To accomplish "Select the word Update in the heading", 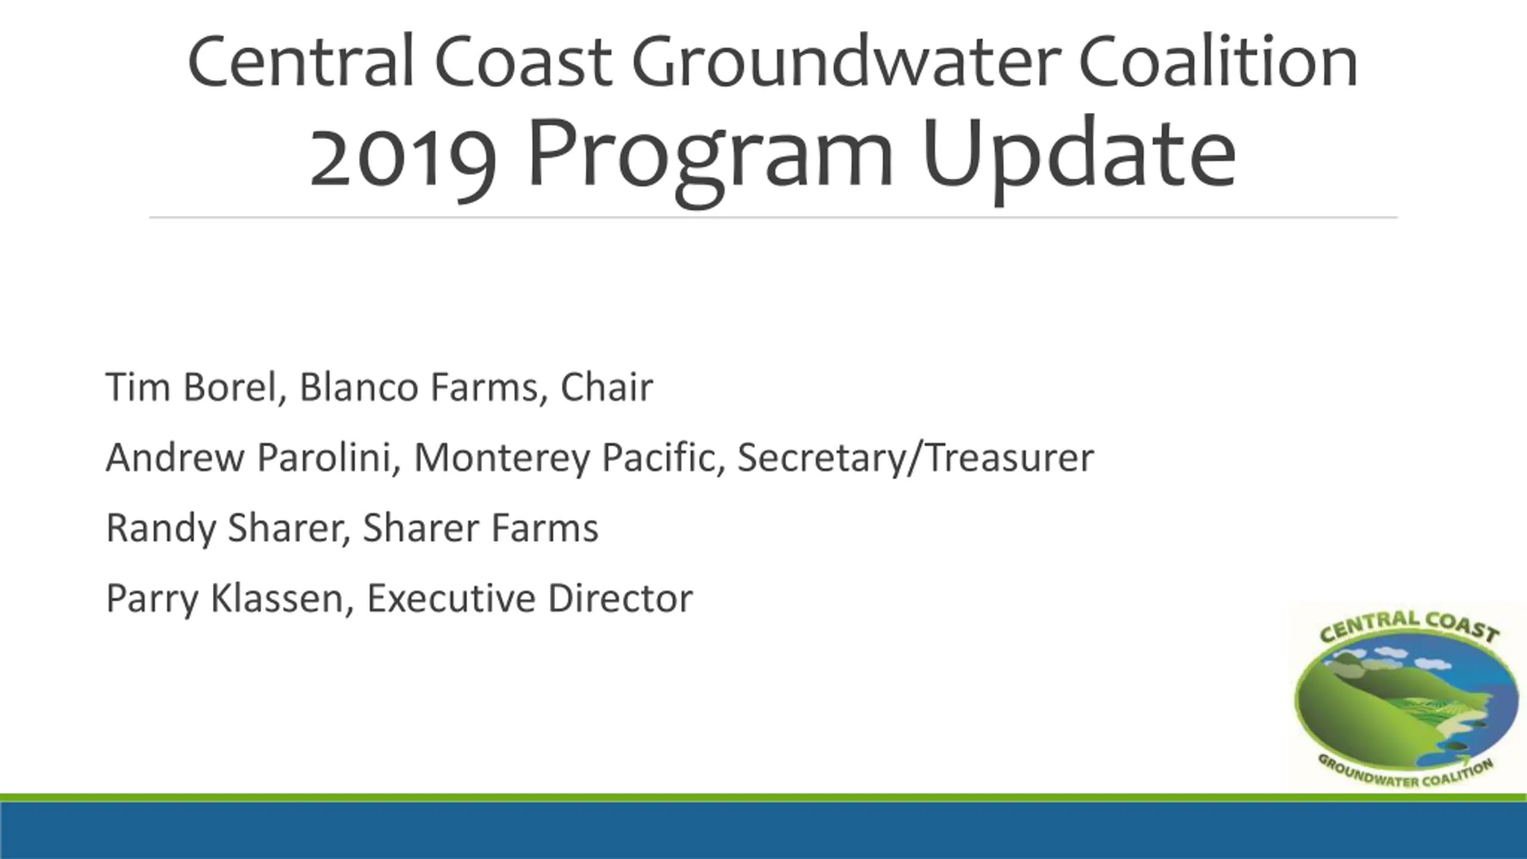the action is click(1078, 154).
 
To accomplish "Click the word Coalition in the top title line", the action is click(1218, 62).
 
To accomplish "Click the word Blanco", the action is click(359, 387).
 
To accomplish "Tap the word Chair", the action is click(607, 387).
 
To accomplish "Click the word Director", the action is click(620, 598).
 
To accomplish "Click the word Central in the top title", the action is click(301, 62).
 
